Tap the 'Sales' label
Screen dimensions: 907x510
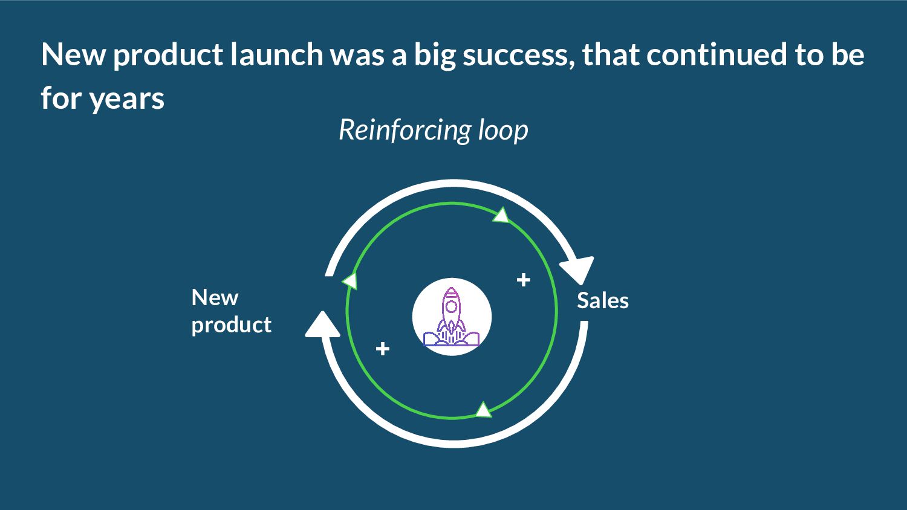602,300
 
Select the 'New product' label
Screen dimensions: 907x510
231,311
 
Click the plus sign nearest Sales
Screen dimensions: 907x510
524,280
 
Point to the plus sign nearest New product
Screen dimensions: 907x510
382,349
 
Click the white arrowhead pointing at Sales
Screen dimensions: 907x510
578,269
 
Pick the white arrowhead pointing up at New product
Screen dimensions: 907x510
322,324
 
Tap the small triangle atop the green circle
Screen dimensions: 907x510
501,215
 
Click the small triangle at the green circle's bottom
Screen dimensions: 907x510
483,410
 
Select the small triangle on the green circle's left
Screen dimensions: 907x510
350,280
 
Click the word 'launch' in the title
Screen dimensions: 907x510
277,54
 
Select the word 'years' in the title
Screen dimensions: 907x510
127,98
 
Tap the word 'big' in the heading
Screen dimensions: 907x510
435,56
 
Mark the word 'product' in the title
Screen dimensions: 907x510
167,56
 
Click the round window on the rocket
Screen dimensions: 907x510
451,307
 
